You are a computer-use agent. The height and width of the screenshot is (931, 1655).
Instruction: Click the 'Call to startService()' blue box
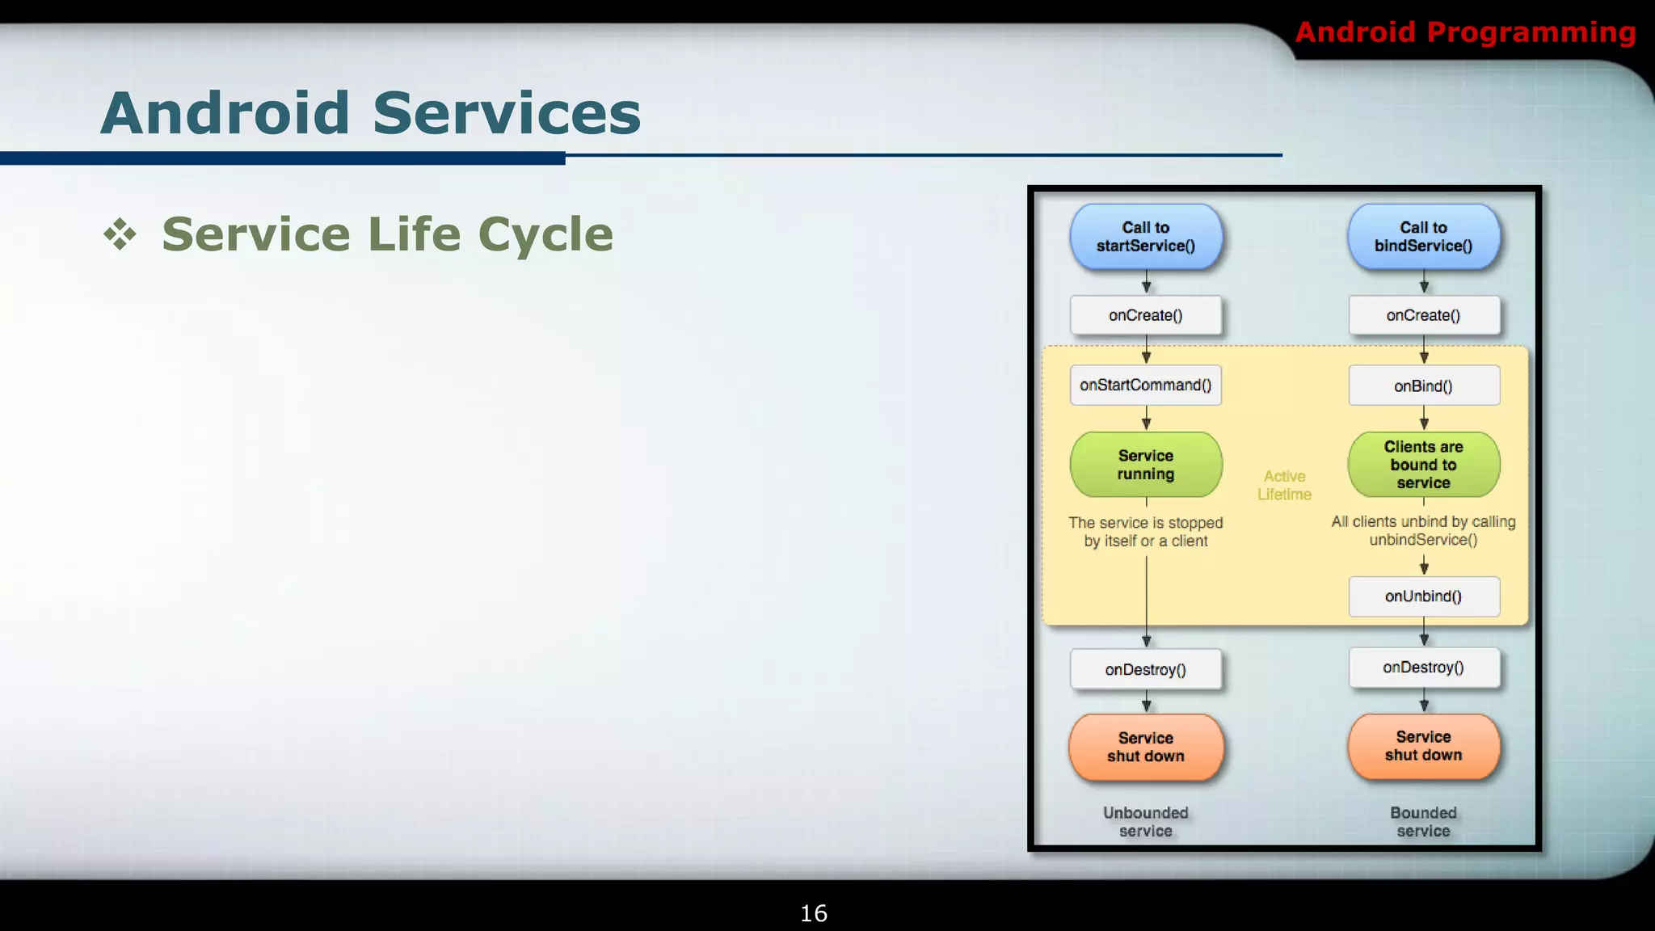[x=1145, y=237]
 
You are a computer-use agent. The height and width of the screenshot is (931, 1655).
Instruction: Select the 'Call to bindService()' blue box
[x=1423, y=237]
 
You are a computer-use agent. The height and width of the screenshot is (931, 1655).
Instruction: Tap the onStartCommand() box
[x=1145, y=385]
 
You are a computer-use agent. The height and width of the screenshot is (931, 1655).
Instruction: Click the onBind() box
[x=1423, y=386]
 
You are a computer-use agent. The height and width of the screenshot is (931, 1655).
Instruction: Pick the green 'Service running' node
[x=1145, y=465]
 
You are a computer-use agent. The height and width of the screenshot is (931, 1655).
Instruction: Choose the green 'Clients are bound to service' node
[x=1423, y=465]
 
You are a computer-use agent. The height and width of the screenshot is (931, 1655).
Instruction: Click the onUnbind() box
[x=1423, y=596]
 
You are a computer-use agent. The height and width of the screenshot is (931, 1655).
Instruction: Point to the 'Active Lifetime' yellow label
[x=1284, y=485]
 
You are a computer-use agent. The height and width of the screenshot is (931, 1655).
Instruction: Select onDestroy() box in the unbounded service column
[x=1145, y=669]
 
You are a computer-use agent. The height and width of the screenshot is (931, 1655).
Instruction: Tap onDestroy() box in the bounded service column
[x=1423, y=668]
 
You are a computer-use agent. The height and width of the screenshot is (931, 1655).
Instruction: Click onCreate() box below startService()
[x=1145, y=315]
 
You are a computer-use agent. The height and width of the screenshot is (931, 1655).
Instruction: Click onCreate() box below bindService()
[x=1423, y=315]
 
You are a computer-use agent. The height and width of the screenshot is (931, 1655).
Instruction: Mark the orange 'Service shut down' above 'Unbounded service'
[x=1145, y=747]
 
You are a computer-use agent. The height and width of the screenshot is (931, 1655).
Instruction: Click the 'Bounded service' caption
[x=1423, y=821]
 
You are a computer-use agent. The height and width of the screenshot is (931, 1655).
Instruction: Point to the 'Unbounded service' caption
[x=1145, y=821]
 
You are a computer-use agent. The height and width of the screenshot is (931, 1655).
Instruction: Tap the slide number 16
[x=813, y=913]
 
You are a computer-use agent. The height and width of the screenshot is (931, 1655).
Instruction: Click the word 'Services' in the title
[x=506, y=113]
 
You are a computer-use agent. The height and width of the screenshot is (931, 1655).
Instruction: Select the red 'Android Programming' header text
[x=1465, y=32]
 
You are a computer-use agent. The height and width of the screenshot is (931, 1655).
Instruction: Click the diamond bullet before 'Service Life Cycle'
[x=120, y=234]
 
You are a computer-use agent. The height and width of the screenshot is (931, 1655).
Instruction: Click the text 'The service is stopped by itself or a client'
[x=1145, y=532]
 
